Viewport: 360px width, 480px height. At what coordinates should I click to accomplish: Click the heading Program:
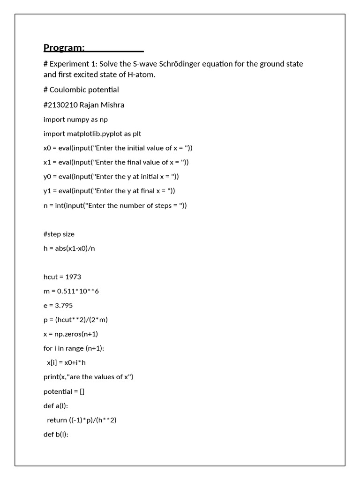point(64,47)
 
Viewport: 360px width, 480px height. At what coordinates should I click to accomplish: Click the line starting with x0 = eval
point(118,148)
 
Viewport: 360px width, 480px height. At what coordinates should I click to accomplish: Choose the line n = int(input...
point(115,205)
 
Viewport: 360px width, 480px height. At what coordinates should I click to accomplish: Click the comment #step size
point(59,234)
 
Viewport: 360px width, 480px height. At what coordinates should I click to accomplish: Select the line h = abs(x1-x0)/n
point(69,248)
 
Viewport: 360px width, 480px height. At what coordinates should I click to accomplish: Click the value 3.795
point(65,306)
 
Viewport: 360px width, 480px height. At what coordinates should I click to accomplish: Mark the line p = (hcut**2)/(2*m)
point(76,320)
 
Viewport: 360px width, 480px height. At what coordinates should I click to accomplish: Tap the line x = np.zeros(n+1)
point(71,334)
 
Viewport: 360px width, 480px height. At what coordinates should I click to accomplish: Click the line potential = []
point(64,391)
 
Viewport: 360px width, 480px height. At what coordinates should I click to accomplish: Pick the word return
point(57,420)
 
